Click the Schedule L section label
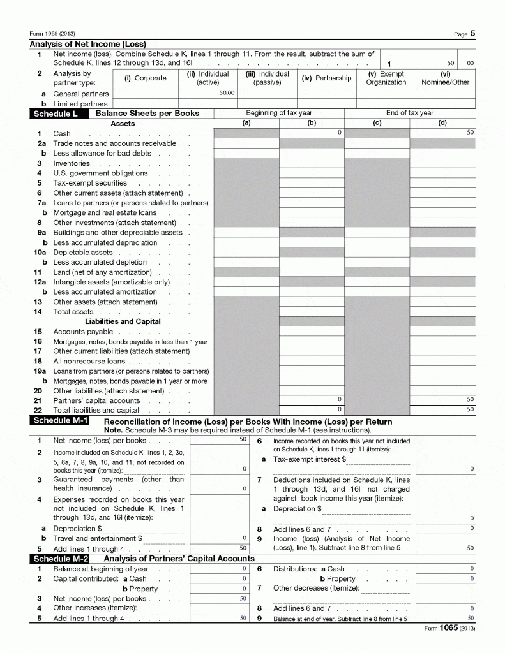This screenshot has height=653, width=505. point(56,114)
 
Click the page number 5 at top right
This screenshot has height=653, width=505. point(472,34)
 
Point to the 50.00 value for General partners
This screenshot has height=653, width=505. point(227,93)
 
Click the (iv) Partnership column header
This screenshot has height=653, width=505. point(326,78)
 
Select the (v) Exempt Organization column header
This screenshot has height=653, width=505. point(386,78)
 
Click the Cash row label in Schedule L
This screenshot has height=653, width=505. point(62,134)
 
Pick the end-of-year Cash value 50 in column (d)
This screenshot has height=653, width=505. point(470,133)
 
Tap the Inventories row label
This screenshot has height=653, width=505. point(72,164)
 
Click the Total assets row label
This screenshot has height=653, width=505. point(73,312)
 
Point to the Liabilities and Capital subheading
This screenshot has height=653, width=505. point(123,321)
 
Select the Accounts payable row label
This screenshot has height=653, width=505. point(83,332)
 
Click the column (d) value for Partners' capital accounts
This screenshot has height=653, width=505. point(470,399)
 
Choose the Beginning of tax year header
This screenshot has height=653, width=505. point(279,113)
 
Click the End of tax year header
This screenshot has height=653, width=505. point(409,113)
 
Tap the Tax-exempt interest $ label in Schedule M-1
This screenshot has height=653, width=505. point(309,459)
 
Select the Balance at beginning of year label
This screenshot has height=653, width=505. point(101,569)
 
